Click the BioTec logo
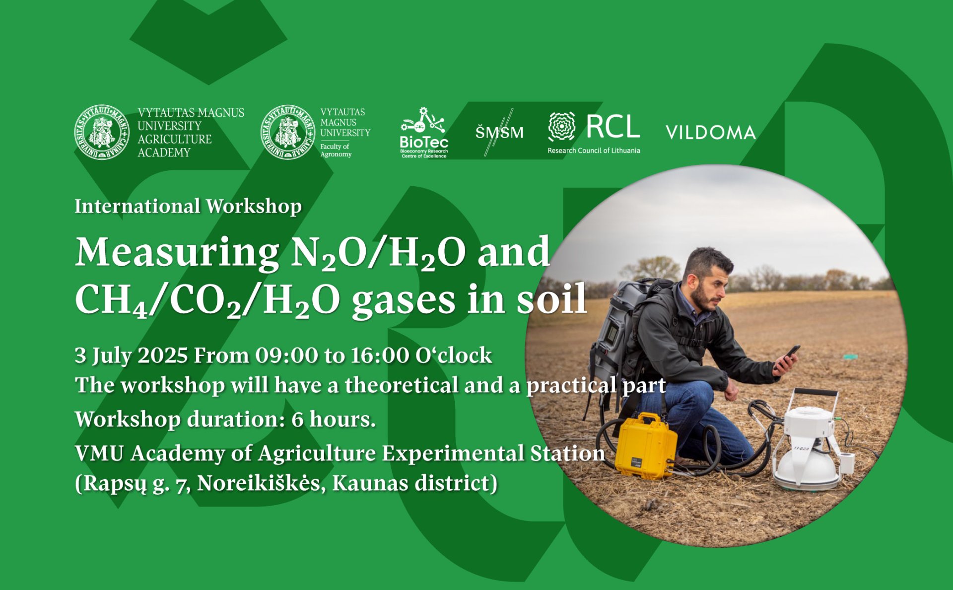pyautogui.click(x=424, y=133)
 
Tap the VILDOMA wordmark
pyautogui.click(x=710, y=133)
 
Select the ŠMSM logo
pyautogui.click(x=499, y=132)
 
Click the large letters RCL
pyautogui.click(x=613, y=127)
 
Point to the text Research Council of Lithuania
pyautogui.click(x=594, y=150)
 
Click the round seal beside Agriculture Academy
pyautogui.click(x=102, y=132)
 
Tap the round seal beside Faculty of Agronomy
pyautogui.click(x=288, y=132)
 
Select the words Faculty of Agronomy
pyautogui.click(x=336, y=150)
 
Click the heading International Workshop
pyautogui.click(x=188, y=206)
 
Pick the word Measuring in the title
pyautogui.click(x=177, y=253)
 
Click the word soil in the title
pyautogui.click(x=552, y=299)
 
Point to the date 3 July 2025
pyautogui.click(x=132, y=356)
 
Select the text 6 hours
pyautogui.click(x=334, y=420)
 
